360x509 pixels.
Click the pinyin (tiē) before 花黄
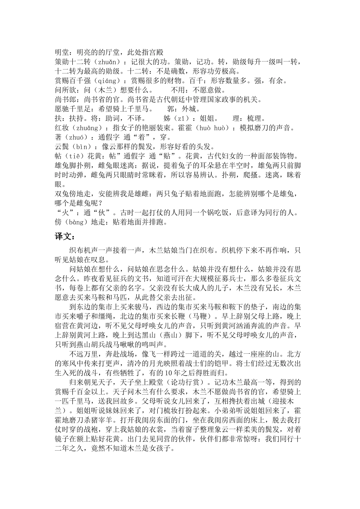pos(74,156)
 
